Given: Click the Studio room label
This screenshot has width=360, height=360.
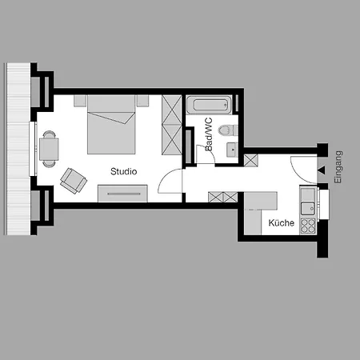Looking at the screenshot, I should coord(124,171).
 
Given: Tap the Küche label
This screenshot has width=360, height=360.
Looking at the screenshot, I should coord(280,223).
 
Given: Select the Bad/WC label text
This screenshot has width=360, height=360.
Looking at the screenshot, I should coord(209,135).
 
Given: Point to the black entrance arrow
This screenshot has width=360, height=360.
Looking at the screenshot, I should coord(321,170).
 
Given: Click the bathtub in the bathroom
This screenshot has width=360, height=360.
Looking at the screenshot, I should coord(209,105).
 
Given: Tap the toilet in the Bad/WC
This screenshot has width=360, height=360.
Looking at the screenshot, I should coord(226,129).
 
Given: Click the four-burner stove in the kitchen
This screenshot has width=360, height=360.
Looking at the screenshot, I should coord(306,224).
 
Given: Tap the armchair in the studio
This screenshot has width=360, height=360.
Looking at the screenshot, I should coord(73,179).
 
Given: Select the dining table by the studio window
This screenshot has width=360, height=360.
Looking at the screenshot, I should coord(50,148).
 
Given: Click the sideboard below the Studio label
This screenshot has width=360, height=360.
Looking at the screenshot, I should coord(123,193).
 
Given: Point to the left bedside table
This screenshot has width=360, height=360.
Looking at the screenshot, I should coord(79,101).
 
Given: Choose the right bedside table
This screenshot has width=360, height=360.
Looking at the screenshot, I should coord(142,101).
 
